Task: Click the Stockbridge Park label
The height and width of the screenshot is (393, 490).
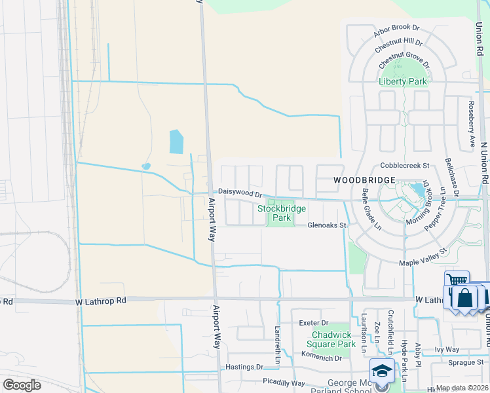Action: coord(281,213)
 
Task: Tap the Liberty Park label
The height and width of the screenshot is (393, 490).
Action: coord(403,81)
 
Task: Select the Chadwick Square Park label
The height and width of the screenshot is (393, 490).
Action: coord(333,339)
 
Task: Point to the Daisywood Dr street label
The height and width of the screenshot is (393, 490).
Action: coord(240,193)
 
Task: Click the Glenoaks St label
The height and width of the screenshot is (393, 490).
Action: coord(327,225)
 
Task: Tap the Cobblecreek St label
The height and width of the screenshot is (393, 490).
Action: coord(407,166)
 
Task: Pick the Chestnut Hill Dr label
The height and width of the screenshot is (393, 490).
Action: coord(399,46)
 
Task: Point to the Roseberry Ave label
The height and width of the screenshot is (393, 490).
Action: coord(470,123)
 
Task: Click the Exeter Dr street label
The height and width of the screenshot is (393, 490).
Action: coord(312,323)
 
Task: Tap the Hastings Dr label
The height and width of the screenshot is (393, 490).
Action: coord(244,367)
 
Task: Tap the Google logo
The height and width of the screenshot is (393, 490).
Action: coord(22,385)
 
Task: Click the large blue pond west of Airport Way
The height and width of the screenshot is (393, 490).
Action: coord(176,141)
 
